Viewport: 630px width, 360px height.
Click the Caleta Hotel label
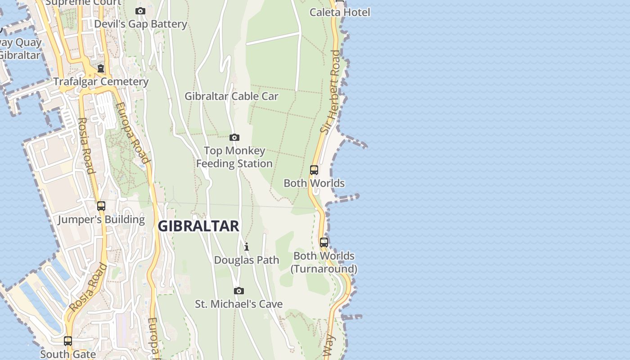[340, 12]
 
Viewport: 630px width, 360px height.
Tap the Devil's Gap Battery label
[140, 24]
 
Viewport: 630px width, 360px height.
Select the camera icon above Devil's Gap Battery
[140, 11]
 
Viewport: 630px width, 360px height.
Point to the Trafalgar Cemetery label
[101, 81]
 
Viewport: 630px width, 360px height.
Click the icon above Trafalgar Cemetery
[101, 68]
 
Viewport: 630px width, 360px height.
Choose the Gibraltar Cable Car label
[231, 96]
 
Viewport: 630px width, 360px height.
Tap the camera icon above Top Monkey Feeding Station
[234, 137]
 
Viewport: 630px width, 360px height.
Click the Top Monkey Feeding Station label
[234, 157]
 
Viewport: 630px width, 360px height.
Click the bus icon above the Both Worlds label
[314, 170]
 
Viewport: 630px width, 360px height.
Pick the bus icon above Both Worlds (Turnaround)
[324, 243]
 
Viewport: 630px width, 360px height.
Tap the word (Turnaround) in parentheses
[324, 269]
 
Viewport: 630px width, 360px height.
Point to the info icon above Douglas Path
[247, 247]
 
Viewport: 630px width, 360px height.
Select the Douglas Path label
[247, 260]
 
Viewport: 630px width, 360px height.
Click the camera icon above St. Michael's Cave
[239, 291]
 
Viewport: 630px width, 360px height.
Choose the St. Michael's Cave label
[239, 304]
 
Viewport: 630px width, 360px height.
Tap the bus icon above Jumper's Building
[101, 206]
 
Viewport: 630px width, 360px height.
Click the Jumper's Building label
[101, 220]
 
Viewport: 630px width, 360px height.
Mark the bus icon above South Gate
[68, 341]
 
